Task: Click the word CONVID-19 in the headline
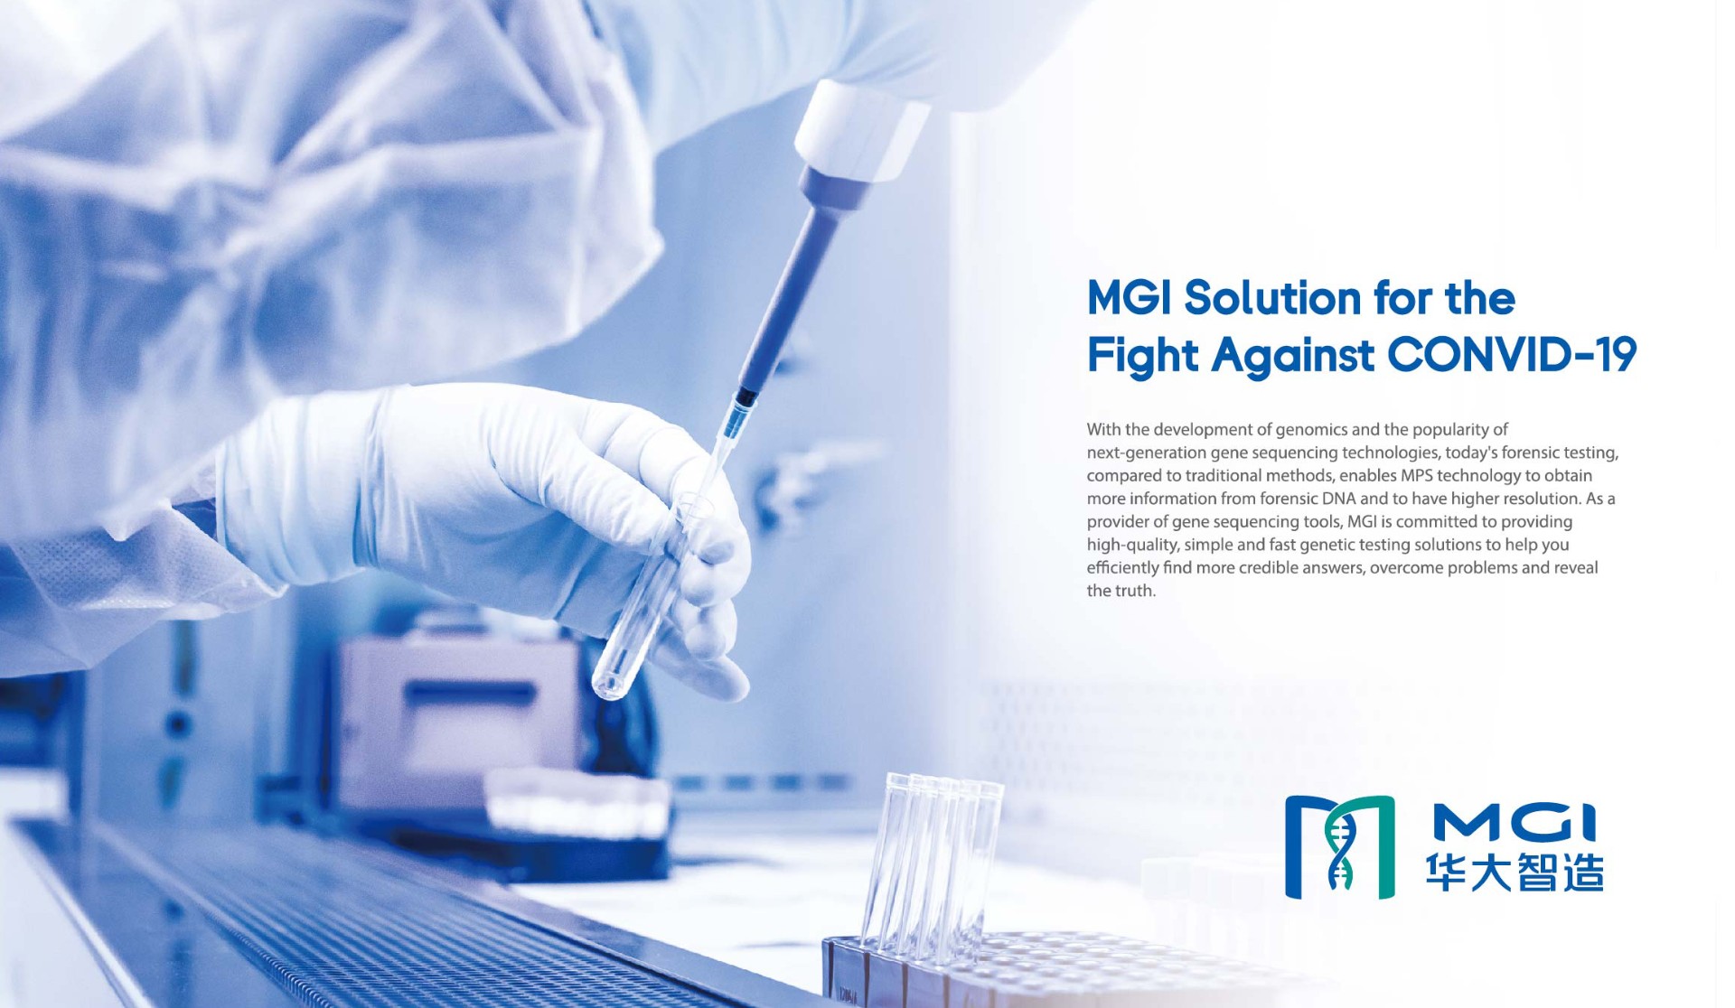click(x=1512, y=354)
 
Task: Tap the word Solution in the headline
click(x=1272, y=298)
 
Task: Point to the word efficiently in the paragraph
click(x=1122, y=568)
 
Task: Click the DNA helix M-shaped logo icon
click(x=1339, y=847)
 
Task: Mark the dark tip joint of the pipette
click(x=746, y=397)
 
